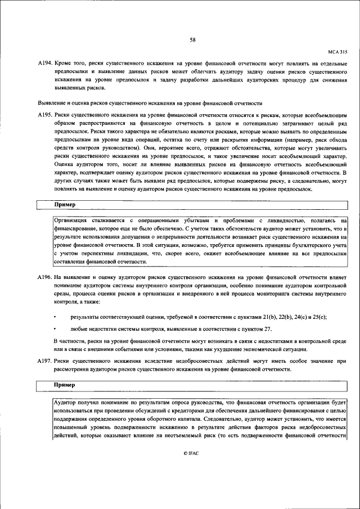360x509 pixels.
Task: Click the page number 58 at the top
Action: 192,39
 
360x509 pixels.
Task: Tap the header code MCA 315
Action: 337,51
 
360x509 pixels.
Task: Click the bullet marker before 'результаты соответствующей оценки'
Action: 55,317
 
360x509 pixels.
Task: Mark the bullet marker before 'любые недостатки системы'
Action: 55,329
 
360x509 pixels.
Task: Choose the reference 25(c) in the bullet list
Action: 318,317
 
